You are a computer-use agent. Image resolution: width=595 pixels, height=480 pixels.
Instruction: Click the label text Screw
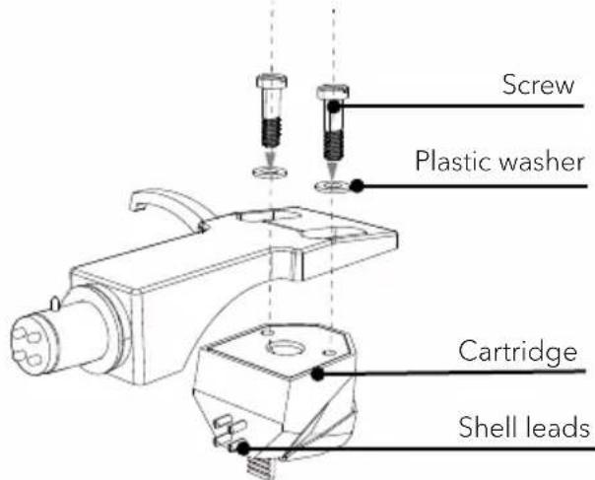click(538, 85)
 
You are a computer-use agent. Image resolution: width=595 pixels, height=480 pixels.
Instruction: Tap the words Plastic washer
click(499, 161)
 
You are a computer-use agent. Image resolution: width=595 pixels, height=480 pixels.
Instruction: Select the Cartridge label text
click(517, 353)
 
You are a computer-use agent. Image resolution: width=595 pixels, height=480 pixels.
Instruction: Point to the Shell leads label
click(524, 427)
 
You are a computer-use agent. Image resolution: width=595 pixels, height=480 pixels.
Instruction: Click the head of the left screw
click(271, 81)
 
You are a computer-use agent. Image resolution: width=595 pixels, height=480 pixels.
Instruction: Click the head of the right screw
click(333, 92)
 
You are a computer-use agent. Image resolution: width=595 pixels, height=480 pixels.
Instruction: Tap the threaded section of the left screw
click(271, 132)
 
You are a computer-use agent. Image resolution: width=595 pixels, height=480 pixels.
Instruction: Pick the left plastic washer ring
click(270, 172)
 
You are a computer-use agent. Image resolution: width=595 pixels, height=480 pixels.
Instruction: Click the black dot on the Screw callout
click(334, 106)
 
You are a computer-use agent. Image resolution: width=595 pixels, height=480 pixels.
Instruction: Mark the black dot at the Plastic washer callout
click(357, 185)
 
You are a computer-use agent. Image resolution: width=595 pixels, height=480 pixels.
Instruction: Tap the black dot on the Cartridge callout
click(317, 375)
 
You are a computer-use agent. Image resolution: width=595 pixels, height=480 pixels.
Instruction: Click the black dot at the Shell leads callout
click(243, 448)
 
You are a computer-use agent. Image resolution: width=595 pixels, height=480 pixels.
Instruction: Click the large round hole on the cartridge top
click(287, 347)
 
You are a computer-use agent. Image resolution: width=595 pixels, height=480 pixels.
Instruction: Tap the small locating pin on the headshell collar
click(55, 303)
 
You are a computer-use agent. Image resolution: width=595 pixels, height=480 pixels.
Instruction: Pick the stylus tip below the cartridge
click(262, 468)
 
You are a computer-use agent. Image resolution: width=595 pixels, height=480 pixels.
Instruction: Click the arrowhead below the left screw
click(270, 158)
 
